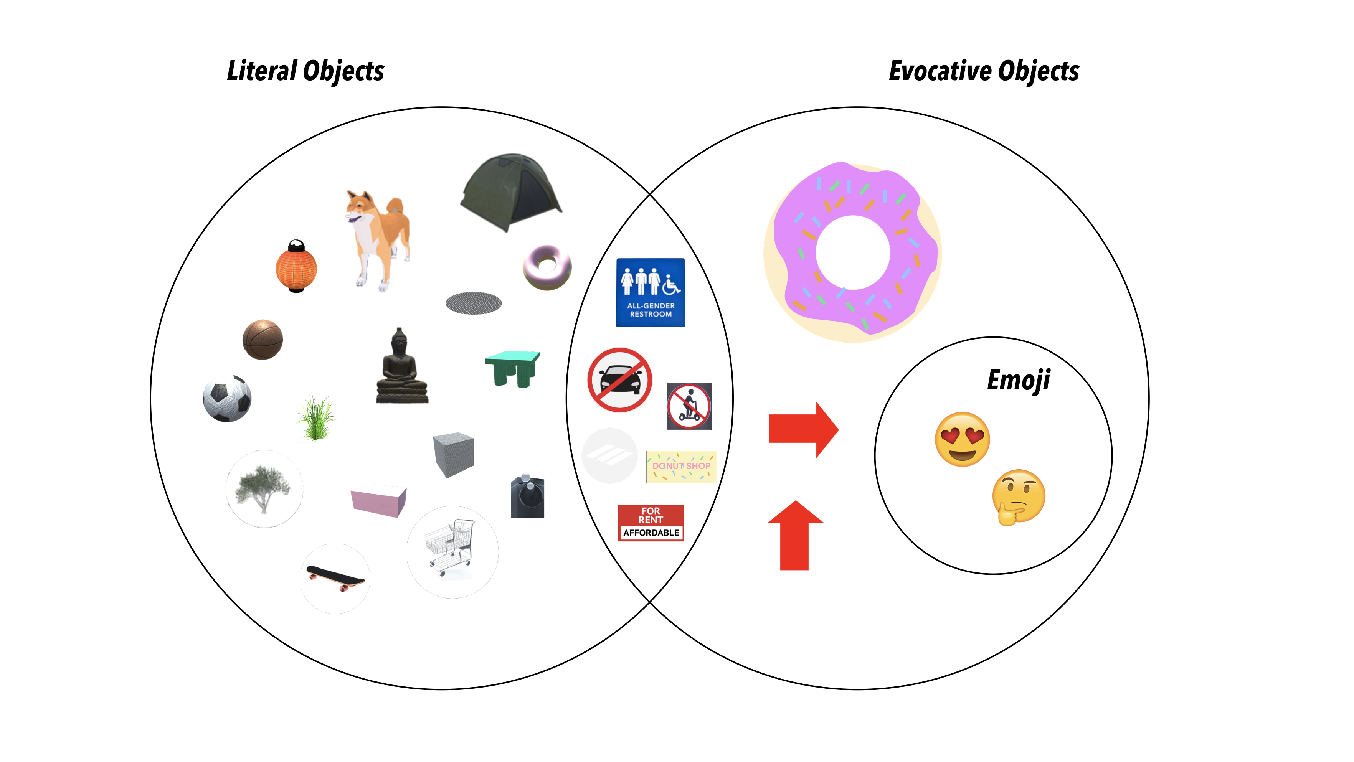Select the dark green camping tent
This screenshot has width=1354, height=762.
pyautogui.click(x=509, y=191)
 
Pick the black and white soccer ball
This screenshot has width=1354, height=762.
pyautogui.click(x=227, y=398)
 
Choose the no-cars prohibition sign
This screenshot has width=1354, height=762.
pyautogui.click(x=620, y=379)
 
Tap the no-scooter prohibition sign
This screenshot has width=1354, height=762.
pyautogui.click(x=689, y=406)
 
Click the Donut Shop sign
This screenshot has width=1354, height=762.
pyautogui.click(x=681, y=466)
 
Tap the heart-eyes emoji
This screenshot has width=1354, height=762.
pyautogui.click(x=962, y=439)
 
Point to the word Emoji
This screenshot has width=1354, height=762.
pyautogui.click(x=1018, y=380)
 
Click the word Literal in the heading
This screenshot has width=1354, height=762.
pyautogui.click(x=262, y=71)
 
